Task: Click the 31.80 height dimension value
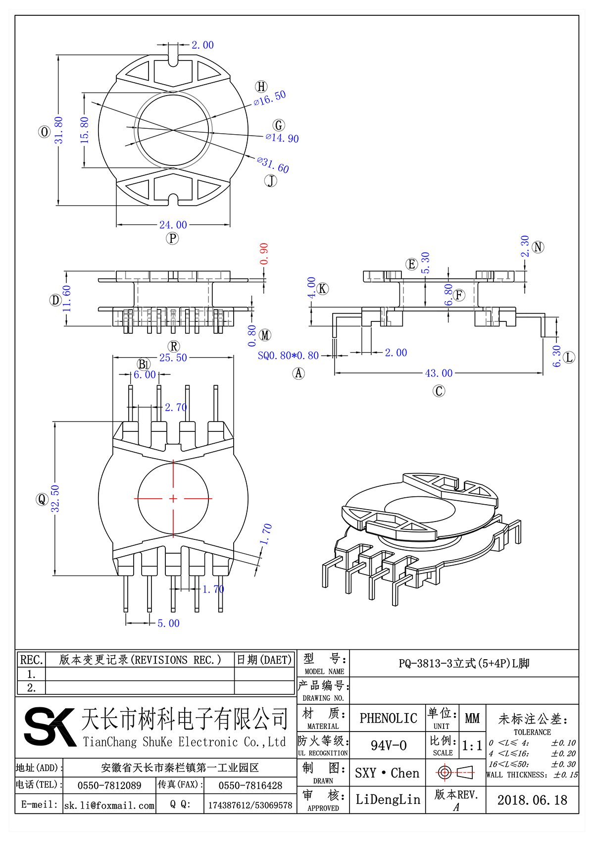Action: (59, 130)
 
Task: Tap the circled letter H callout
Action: (261, 87)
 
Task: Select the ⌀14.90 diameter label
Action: (282, 138)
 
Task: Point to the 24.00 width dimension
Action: (173, 225)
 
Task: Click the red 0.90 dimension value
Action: (264, 254)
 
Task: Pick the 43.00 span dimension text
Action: (439, 373)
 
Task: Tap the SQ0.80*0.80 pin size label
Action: (288, 356)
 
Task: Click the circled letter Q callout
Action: (42, 499)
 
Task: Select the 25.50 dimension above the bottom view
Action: (173, 358)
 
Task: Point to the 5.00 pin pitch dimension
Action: (168, 624)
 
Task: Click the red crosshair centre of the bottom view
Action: (173, 498)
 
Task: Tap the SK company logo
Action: (49, 727)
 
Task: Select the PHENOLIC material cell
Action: (388, 718)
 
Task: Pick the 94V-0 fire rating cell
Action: (389, 745)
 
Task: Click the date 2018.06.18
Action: (532, 800)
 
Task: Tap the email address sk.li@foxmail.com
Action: (109, 805)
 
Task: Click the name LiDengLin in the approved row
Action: (388, 799)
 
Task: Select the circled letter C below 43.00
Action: (439, 391)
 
